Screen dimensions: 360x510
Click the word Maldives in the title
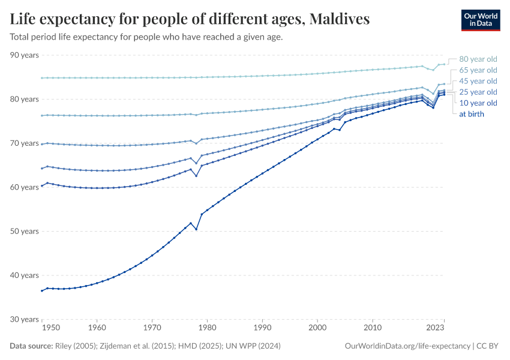339,19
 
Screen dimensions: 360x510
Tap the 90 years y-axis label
25,55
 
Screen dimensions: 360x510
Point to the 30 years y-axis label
25,319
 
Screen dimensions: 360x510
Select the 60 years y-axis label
25,187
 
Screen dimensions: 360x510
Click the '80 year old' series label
478,59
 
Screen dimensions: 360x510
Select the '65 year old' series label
478,70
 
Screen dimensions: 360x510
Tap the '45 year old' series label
478,81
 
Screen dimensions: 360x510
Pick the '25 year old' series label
478,92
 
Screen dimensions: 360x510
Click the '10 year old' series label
478,103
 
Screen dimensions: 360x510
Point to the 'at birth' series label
472,113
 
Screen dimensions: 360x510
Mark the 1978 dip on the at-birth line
196,229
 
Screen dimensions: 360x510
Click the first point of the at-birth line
41,290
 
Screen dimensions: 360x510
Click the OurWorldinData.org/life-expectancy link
408,346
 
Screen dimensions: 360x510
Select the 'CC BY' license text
490,346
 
